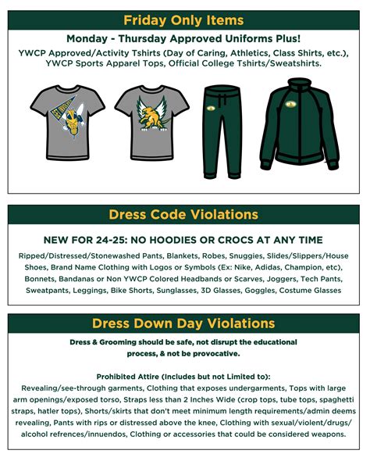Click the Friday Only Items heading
[184, 20]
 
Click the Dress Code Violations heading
[184, 214]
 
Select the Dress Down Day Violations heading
[184, 323]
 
